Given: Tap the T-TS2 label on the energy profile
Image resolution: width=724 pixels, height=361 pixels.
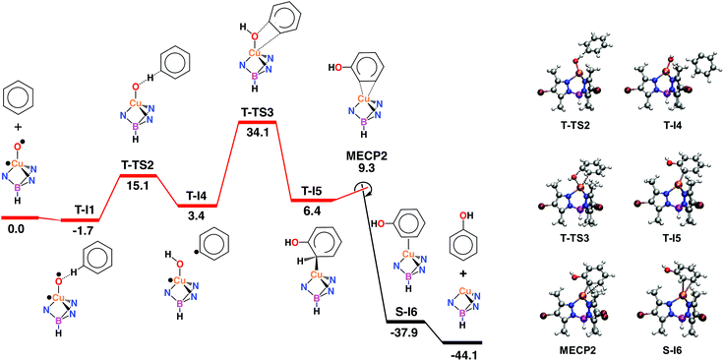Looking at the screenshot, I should [140, 164].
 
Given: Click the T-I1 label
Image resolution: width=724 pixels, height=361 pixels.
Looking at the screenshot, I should [85, 208].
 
